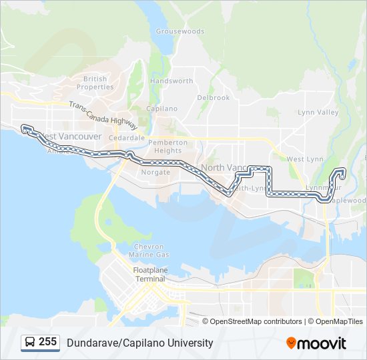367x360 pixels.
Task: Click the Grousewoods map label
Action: (x=180, y=31)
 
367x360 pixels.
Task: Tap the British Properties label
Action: (x=95, y=83)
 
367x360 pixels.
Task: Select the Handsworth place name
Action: (x=171, y=81)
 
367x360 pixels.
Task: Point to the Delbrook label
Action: (x=213, y=97)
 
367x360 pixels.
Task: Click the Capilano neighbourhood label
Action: (x=161, y=109)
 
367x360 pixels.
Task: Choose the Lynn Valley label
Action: (x=318, y=113)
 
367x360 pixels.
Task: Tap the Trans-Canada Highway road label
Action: (x=103, y=115)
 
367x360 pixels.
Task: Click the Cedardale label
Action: (x=127, y=138)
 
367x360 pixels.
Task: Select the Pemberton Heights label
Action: (x=165, y=147)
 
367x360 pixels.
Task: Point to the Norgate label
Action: (x=155, y=172)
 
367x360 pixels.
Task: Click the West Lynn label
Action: (x=305, y=159)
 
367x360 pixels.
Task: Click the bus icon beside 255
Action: (x=30, y=342)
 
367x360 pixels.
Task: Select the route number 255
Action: (x=47, y=342)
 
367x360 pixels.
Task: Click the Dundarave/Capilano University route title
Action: (x=139, y=343)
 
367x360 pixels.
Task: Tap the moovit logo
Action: (x=316, y=343)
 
